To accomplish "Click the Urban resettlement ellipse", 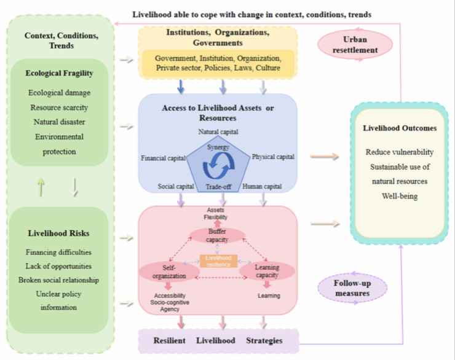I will [x=355, y=42].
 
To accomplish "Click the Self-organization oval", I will [x=169, y=272].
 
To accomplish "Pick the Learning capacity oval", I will [x=266, y=271].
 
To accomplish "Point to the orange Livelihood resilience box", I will [x=218, y=260].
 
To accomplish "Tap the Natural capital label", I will [x=218, y=131].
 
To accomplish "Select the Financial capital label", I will [x=162, y=158].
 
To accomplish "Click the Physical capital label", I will [x=273, y=157].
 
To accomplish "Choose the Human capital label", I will [x=262, y=186].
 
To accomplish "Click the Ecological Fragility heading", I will [x=59, y=73].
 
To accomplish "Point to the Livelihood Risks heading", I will [x=59, y=233].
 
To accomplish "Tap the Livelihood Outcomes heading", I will [x=400, y=128].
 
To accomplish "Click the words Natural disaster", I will [x=59, y=122].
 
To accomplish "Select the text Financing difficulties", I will [x=59, y=252].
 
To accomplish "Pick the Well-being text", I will [x=400, y=196].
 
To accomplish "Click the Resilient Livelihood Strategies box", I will [x=218, y=340].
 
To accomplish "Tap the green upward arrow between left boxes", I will [x=42, y=186].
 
